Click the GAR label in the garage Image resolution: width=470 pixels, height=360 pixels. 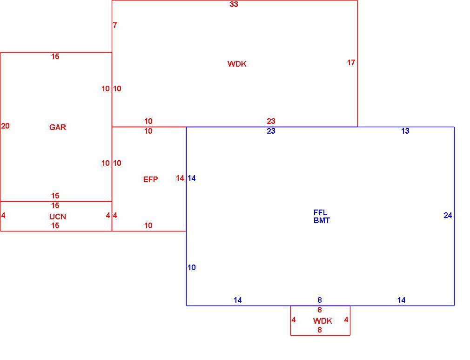click(58, 127)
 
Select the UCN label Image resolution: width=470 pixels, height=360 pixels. click(58, 217)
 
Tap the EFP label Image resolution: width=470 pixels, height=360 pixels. click(150, 179)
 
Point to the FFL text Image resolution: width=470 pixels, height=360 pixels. click(320, 213)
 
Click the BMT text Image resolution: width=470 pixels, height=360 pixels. click(322, 220)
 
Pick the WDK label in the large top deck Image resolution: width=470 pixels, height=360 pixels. click(237, 64)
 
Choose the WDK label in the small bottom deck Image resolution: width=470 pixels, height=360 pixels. click(322, 321)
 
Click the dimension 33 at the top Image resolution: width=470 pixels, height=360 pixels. click(234, 4)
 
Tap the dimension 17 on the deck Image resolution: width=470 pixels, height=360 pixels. click(351, 62)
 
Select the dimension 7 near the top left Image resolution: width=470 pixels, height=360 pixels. click(115, 25)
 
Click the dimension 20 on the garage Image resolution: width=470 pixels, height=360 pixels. click(6, 126)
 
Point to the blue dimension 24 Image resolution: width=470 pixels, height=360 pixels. click(448, 216)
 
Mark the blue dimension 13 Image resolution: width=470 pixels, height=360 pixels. click(405, 131)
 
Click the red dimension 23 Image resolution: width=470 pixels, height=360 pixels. click(271, 121)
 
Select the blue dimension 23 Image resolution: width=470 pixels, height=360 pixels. click(271, 131)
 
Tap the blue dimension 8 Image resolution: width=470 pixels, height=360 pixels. click(320, 300)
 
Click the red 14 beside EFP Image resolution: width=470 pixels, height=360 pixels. click(180, 178)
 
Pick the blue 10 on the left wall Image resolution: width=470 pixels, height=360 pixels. click(192, 267)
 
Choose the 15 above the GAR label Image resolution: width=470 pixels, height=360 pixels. click(55, 56)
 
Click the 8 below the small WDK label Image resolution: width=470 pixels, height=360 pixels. click(320, 330)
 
